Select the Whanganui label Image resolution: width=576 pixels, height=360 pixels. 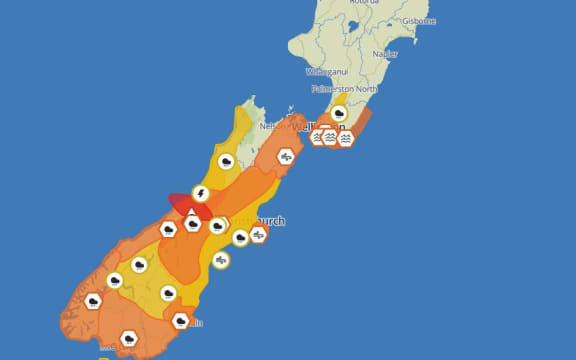tap(328, 72)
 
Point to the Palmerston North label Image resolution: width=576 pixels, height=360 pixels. tap(344, 89)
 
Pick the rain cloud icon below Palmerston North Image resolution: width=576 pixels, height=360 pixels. tap(339, 113)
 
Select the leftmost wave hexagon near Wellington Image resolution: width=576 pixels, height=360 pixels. tap(318, 137)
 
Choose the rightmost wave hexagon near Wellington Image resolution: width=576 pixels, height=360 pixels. tap(344, 139)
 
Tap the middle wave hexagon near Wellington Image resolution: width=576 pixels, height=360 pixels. tap(330, 138)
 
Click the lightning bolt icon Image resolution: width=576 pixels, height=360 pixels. tap(201, 193)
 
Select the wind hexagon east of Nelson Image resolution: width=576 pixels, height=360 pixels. tap(286, 156)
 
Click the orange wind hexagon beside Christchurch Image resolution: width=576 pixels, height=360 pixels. tap(259, 234)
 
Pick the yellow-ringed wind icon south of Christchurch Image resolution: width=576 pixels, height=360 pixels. tap(221, 260)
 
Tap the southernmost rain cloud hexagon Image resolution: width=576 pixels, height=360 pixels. tap(128, 338)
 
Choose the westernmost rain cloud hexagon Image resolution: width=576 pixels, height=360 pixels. tap(93, 301)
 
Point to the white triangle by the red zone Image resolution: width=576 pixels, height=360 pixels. tap(192, 212)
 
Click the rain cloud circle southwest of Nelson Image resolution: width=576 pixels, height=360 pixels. tap(227, 161)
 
